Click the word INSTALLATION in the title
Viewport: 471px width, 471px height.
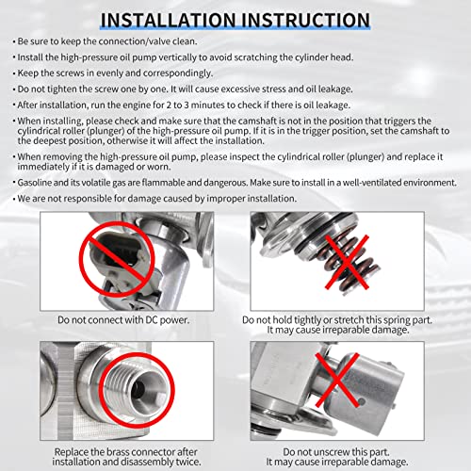click(168, 20)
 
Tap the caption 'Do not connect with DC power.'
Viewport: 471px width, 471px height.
click(123, 320)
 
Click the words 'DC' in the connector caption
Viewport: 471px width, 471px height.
click(152, 319)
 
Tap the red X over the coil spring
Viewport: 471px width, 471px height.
click(347, 262)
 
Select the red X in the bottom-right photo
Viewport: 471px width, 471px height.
click(337, 380)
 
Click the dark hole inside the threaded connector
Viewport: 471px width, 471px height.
click(138, 389)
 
